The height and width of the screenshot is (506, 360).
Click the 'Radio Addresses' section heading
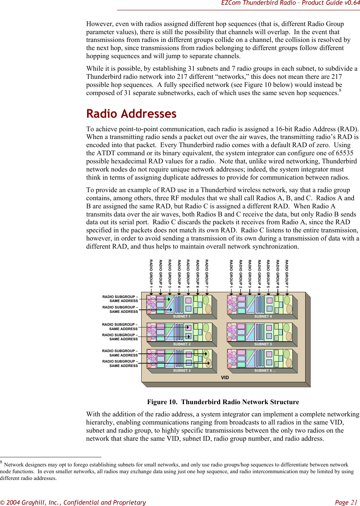click(x=131, y=114)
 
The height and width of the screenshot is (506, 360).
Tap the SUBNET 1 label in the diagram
click(x=182, y=317)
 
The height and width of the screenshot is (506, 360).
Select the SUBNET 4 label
click(x=263, y=317)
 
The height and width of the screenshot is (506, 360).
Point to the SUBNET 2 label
click(x=182, y=344)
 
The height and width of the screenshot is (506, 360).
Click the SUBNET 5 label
click(x=263, y=344)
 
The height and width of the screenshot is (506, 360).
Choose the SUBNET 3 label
click(x=182, y=371)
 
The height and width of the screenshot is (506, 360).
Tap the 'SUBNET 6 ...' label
click(x=265, y=371)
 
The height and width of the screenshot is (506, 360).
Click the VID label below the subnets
click(x=225, y=377)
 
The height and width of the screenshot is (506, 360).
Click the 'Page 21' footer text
click(x=346, y=502)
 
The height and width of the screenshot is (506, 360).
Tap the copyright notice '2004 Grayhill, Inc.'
click(x=31, y=502)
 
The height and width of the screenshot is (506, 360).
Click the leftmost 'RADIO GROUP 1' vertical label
click(x=151, y=272)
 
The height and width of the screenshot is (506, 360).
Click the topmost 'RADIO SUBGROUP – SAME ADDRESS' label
click(x=120, y=299)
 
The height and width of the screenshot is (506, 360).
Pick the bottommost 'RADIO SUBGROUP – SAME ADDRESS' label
click(x=120, y=364)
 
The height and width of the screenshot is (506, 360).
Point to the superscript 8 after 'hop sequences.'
click(x=340, y=91)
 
